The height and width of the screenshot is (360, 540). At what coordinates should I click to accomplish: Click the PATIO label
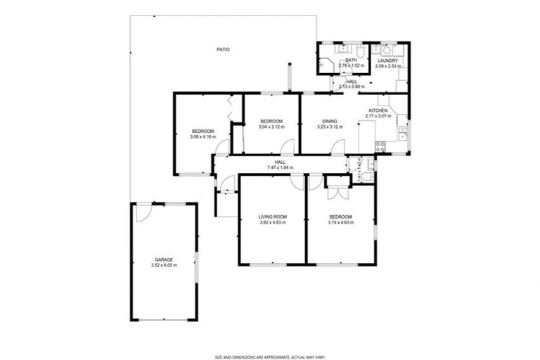click(223, 49)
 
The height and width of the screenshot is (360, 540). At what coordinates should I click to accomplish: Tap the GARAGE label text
click(164, 259)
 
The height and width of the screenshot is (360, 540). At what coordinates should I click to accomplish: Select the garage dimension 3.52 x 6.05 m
click(164, 266)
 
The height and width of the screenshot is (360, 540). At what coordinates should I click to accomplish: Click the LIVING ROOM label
click(271, 217)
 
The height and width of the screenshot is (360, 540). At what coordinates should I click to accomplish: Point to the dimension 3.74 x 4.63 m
click(340, 223)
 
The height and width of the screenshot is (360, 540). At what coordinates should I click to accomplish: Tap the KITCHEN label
click(378, 111)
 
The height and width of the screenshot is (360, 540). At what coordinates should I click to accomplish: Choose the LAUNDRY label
click(387, 60)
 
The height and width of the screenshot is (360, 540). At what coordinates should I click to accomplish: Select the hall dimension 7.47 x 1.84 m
click(279, 167)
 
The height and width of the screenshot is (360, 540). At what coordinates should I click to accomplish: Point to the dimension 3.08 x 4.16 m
click(202, 137)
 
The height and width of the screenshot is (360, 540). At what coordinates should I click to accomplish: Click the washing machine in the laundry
click(387, 51)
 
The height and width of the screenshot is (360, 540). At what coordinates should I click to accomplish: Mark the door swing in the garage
click(143, 212)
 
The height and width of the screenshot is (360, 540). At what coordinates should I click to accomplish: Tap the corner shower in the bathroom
click(324, 65)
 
